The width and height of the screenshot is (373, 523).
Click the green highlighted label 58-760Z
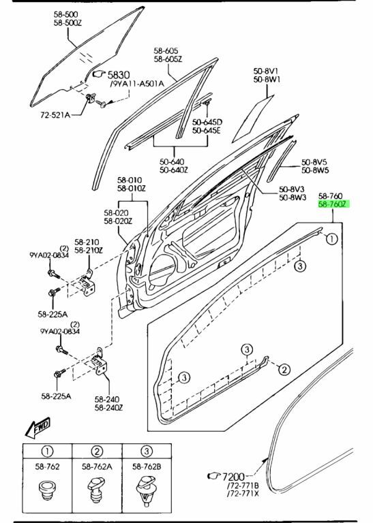tap(333, 204)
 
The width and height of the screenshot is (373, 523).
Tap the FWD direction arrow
tap(38, 427)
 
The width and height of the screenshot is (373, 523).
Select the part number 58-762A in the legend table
tap(97, 467)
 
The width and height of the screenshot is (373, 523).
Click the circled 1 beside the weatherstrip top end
tap(331, 239)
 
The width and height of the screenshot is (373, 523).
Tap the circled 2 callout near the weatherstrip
tap(284, 369)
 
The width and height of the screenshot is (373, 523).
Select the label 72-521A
tap(55, 115)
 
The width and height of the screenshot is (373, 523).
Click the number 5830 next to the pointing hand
tap(118, 75)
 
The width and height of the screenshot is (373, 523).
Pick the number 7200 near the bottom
tap(233, 477)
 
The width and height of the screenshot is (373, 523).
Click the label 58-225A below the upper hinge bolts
tap(53, 314)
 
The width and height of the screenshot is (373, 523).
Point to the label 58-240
tap(106, 399)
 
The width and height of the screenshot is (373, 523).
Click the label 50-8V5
tap(314, 162)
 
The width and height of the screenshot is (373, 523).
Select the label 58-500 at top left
tap(65, 14)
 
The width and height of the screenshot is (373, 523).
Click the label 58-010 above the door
tap(130, 180)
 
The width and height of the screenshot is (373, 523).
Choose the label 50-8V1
tap(266, 71)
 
